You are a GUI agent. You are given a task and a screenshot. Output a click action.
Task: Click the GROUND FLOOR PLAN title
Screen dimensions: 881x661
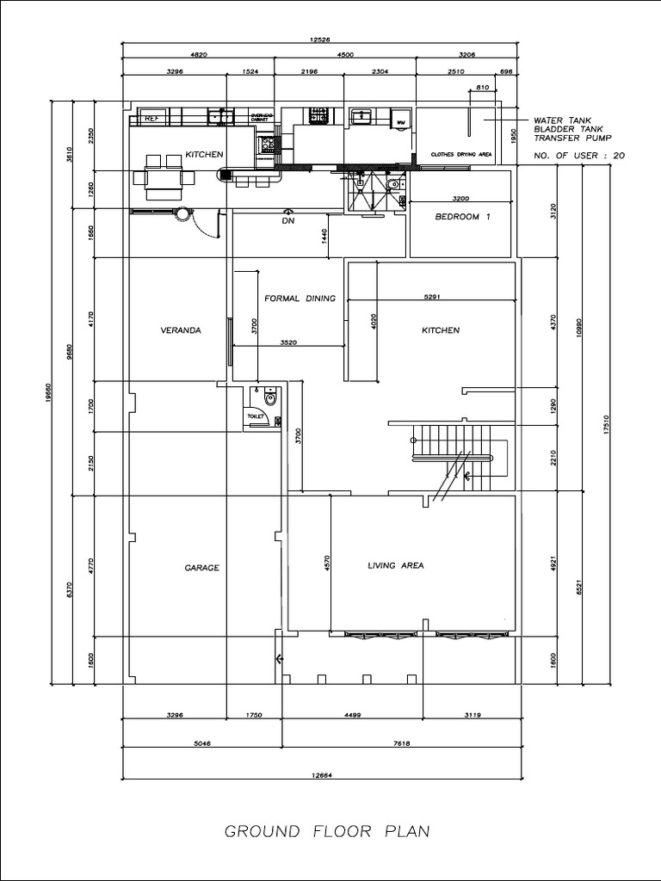[327, 832]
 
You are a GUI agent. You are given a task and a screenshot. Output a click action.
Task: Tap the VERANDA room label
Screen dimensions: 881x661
[181, 330]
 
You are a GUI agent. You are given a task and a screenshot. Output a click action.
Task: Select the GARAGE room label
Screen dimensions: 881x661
[202, 568]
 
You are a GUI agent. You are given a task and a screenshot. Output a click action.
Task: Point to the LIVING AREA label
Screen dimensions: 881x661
[396, 565]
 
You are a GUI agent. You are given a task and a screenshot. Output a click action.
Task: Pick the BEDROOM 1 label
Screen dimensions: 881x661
[462, 217]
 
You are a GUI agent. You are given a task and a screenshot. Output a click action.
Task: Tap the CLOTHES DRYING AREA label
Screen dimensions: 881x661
[461, 154]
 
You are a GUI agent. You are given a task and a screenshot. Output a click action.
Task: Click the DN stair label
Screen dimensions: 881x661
[288, 221]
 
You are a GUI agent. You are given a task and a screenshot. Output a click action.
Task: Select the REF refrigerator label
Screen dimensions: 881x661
[151, 119]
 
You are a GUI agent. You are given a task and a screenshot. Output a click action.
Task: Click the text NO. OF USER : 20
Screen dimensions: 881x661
[579, 156]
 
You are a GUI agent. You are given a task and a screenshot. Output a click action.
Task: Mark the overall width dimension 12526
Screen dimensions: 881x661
[320, 38]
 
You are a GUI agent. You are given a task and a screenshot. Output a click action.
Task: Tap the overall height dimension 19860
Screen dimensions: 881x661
[49, 392]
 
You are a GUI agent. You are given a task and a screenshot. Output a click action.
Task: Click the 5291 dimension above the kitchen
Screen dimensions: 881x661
[432, 298]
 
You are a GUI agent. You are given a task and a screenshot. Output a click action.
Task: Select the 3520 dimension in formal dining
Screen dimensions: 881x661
[288, 342]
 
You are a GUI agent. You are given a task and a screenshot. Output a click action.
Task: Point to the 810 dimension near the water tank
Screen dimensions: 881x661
[481, 88]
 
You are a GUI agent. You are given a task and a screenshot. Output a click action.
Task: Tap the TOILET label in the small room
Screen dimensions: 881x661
[256, 416]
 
